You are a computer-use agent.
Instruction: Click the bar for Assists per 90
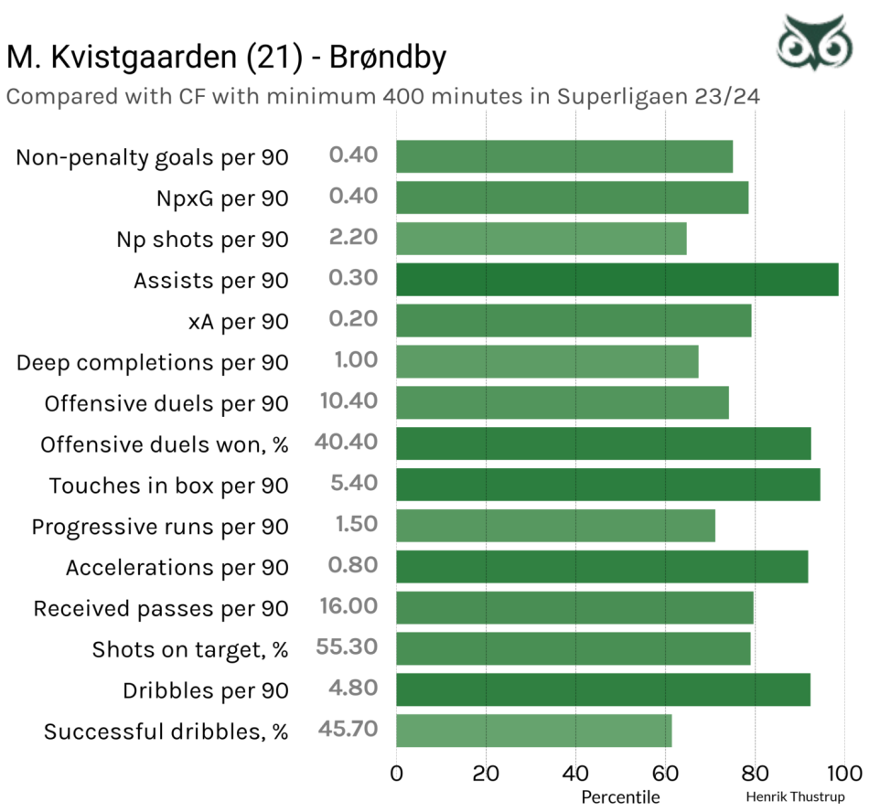617,279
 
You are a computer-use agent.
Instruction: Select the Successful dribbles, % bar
533,732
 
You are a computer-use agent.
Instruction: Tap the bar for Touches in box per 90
607,485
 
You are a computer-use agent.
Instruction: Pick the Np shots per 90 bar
541,239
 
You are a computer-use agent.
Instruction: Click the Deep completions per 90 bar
547,361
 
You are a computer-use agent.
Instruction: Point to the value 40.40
346,443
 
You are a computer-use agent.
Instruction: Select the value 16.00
349,606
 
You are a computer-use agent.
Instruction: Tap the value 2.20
353,238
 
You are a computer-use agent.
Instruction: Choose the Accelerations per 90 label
177,568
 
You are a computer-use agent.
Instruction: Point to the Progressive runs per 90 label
160,527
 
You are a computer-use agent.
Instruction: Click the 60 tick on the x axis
665,773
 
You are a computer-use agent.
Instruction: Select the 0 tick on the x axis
396,773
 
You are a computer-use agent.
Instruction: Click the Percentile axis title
620,796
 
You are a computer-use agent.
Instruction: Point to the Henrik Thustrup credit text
795,796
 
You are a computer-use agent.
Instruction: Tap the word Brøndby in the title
386,57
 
